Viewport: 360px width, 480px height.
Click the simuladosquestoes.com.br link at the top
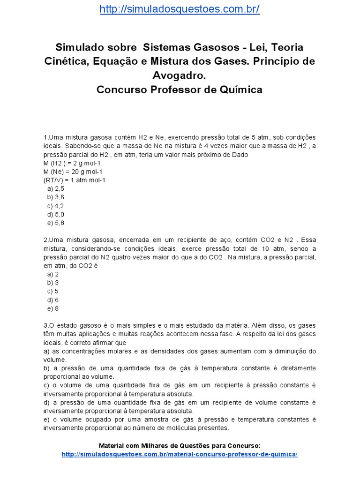tap(180, 9)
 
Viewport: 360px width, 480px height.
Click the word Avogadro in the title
tap(180, 75)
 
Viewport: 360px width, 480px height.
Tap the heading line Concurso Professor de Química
tap(180, 90)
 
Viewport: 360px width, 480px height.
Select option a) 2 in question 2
tap(52, 275)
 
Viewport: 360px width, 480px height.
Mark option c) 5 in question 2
tap(52, 292)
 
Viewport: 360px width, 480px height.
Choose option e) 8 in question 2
tap(52, 309)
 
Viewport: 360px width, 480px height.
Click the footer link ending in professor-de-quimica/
tap(180, 455)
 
